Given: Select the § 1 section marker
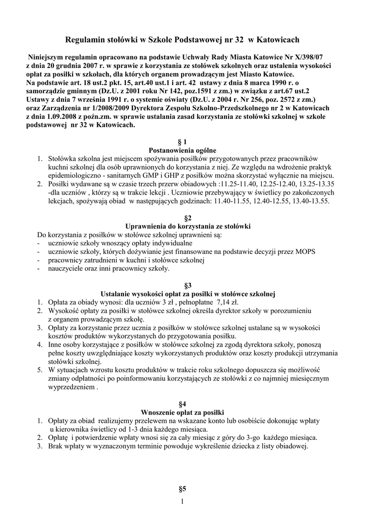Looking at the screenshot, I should pyautogui.click(x=182, y=142).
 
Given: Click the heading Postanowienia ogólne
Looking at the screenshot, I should pyautogui.click(x=182, y=150).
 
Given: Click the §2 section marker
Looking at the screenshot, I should pyautogui.click(x=182, y=218).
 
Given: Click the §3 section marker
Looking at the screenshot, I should pyautogui.click(x=182, y=285).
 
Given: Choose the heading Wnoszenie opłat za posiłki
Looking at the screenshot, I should pyautogui.click(x=182, y=412).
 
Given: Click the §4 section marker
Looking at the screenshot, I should pyautogui.click(x=182, y=404).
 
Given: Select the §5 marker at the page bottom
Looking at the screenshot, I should pyautogui.click(x=182, y=488).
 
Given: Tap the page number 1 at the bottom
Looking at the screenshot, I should pyautogui.click(x=182, y=501).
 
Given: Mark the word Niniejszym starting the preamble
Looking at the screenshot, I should pyautogui.click(x=49, y=57).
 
